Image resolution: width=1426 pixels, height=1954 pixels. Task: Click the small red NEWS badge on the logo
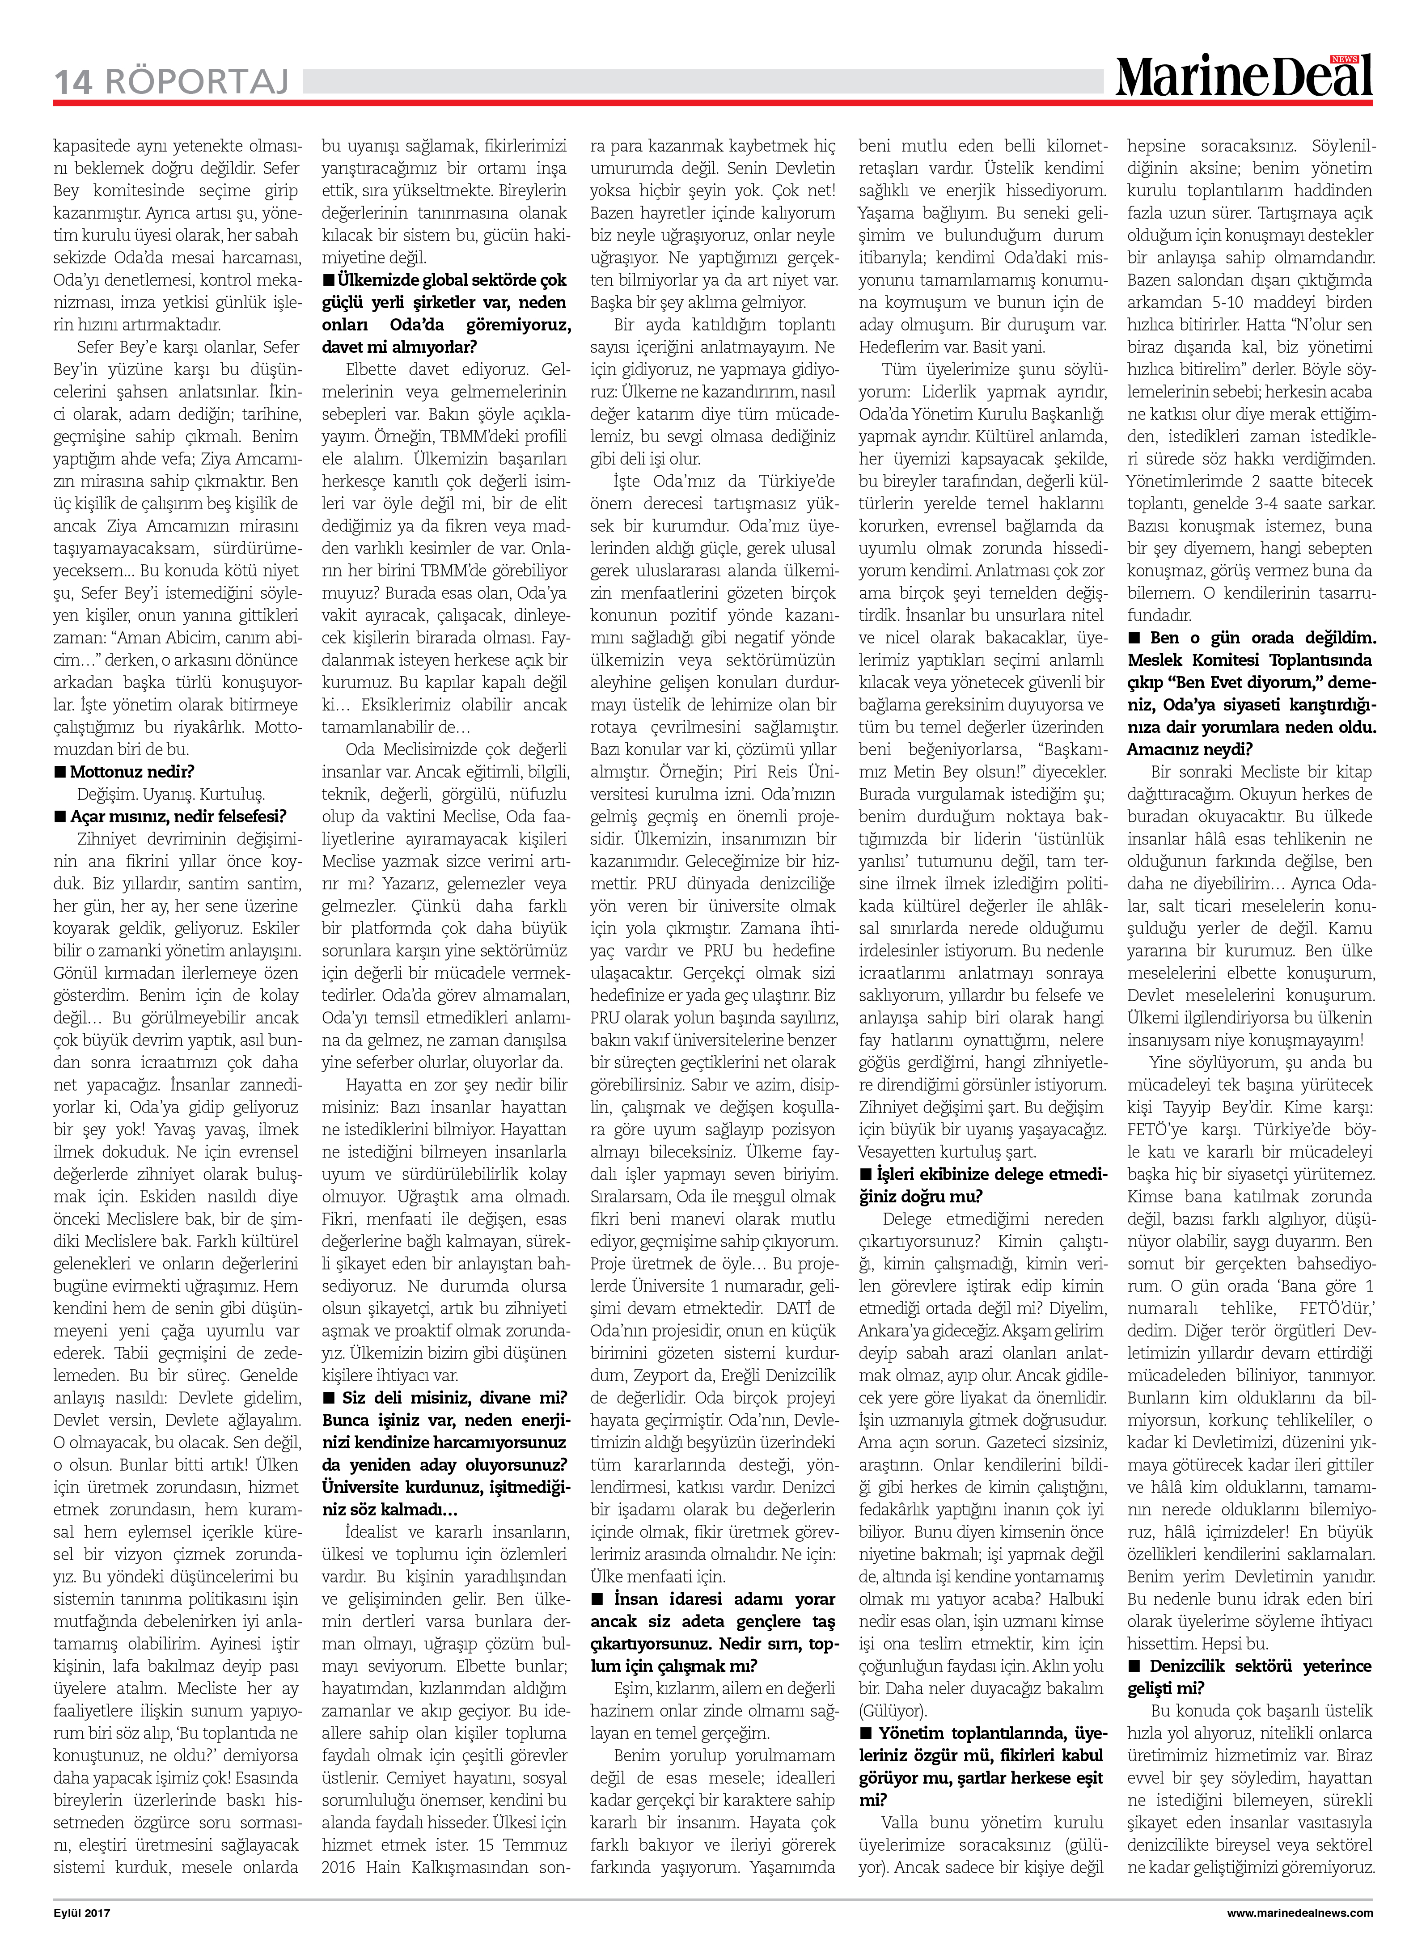click(x=1345, y=59)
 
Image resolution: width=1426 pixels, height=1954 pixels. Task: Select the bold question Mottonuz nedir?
click(x=132, y=772)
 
